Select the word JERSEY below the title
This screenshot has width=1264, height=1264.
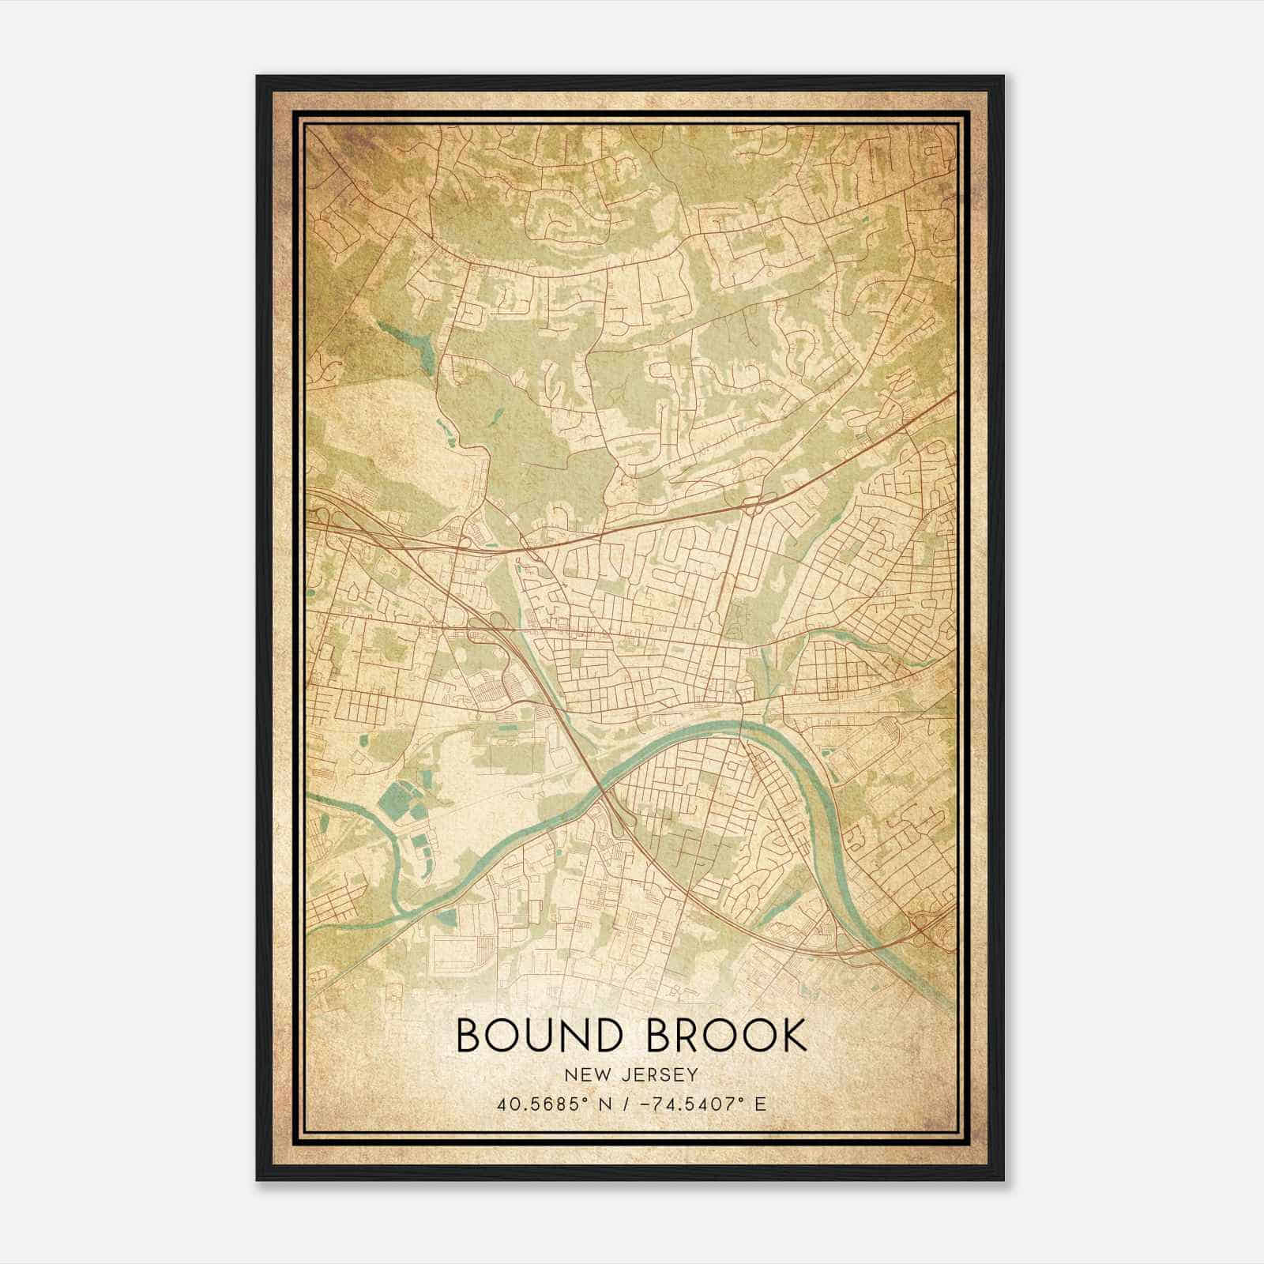pyautogui.click(x=658, y=1075)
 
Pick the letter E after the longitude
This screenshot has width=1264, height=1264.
pyautogui.click(x=760, y=1104)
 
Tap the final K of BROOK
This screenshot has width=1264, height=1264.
pyautogui.click(x=793, y=1036)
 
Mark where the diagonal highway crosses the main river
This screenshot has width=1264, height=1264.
pyautogui.click(x=602, y=790)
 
